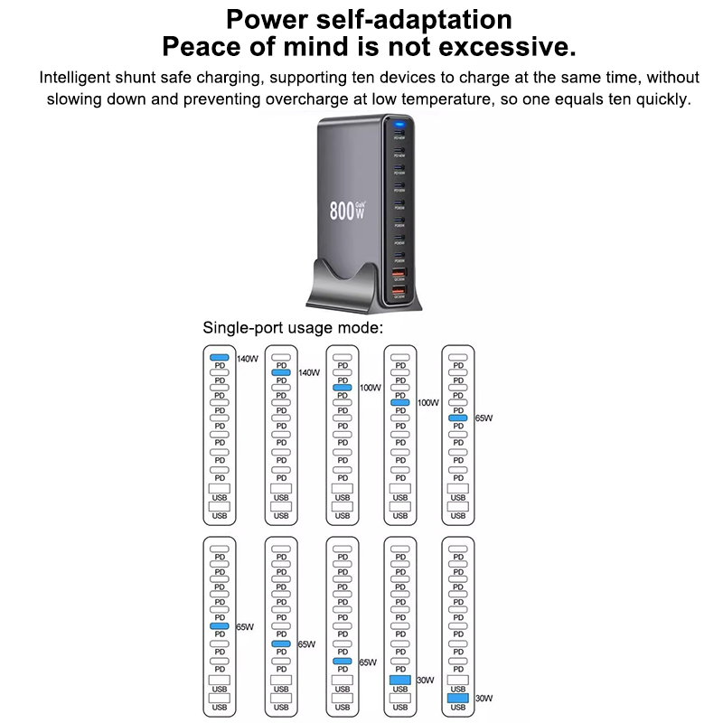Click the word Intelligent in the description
click(x=79, y=78)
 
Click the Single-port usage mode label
click(x=293, y=327)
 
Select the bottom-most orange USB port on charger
click(x=399, y=290)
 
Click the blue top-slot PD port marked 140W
click(x=220, y=359)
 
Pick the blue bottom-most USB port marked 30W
click(x=457, y=699)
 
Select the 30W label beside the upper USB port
click(x=426, y=681)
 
